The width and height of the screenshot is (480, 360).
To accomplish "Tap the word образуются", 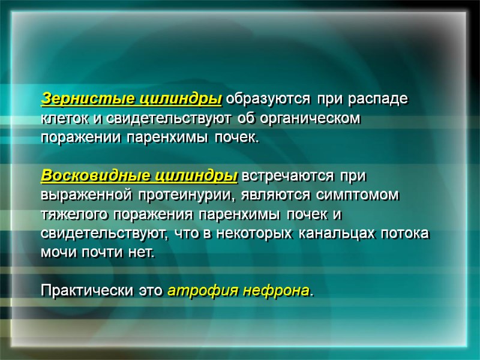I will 269,98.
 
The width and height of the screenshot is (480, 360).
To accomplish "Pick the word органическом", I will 310,118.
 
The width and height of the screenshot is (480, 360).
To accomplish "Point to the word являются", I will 267,196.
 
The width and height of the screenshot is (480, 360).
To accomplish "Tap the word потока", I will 408,234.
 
